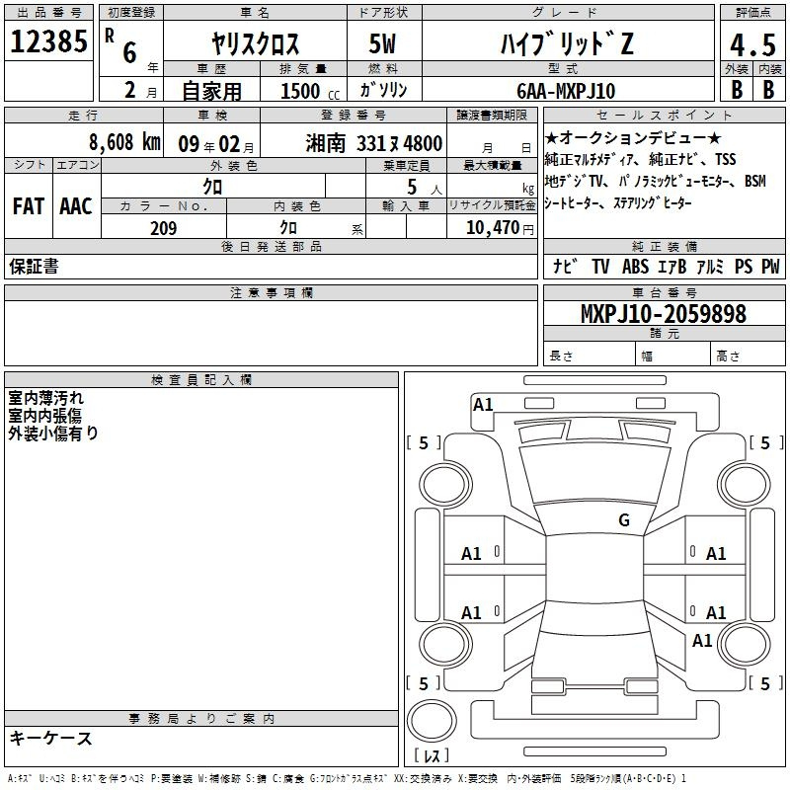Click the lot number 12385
(x=48, y=41)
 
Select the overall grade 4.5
(x=752, y=44)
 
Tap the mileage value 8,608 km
(x=124, y=142)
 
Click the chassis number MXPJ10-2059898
(x=663, y=313)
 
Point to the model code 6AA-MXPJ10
(x=566, y=91)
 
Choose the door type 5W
(x=382, y=43)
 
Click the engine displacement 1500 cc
(x=310, y=91)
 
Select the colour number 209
(x=163, y=228)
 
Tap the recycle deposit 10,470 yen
(x=500, y=228)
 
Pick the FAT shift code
(x=29, y=206)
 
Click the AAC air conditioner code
(x=76, y=206)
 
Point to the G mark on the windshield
(x=624, y=519)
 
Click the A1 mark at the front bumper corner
(x=483, y=405)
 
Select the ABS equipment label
(x=635, y=267)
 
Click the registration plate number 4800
(x=423, y=143)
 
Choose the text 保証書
(x=34, y=267)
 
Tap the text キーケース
(x=51, y=738)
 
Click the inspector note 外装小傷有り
(x=53, y=434)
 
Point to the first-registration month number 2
(x=130, y=90)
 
